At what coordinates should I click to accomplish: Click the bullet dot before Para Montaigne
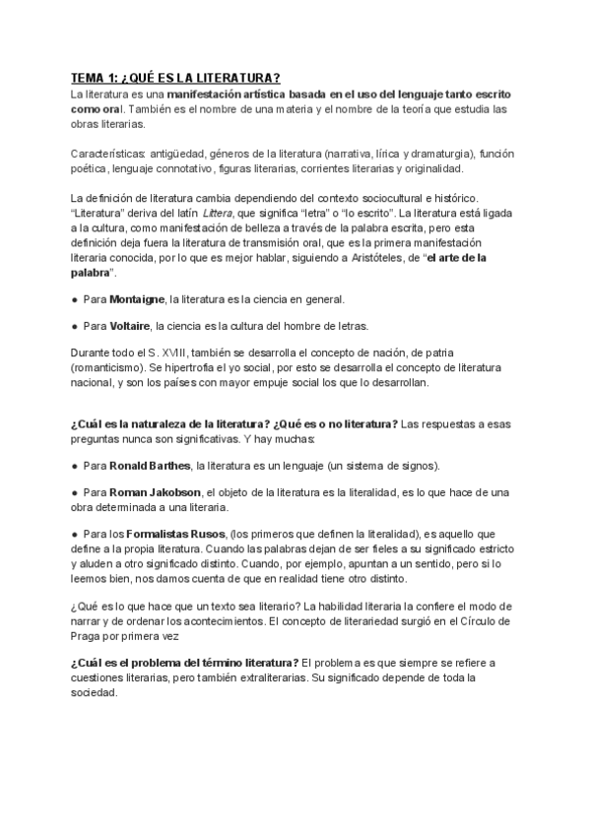tap(75, 298)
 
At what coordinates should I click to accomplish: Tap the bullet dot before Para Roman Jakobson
tap(75, 492)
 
